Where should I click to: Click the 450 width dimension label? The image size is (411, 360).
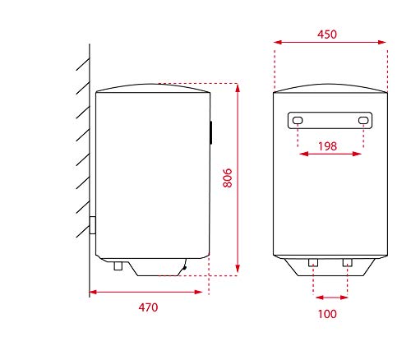(327, 35)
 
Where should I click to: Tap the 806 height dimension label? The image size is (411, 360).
(228, 178)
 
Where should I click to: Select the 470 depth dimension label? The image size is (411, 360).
(148, 307)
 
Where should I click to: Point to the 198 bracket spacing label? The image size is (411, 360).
(327, 146)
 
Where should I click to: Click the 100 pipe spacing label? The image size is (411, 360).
(327, 314)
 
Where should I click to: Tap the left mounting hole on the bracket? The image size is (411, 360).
(298, 120)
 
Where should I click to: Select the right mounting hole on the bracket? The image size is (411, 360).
(363, 120)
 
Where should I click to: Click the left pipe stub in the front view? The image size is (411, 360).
(313, 262)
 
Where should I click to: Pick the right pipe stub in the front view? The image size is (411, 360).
(348, 262)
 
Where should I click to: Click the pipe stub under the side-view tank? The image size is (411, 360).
(118, 265)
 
